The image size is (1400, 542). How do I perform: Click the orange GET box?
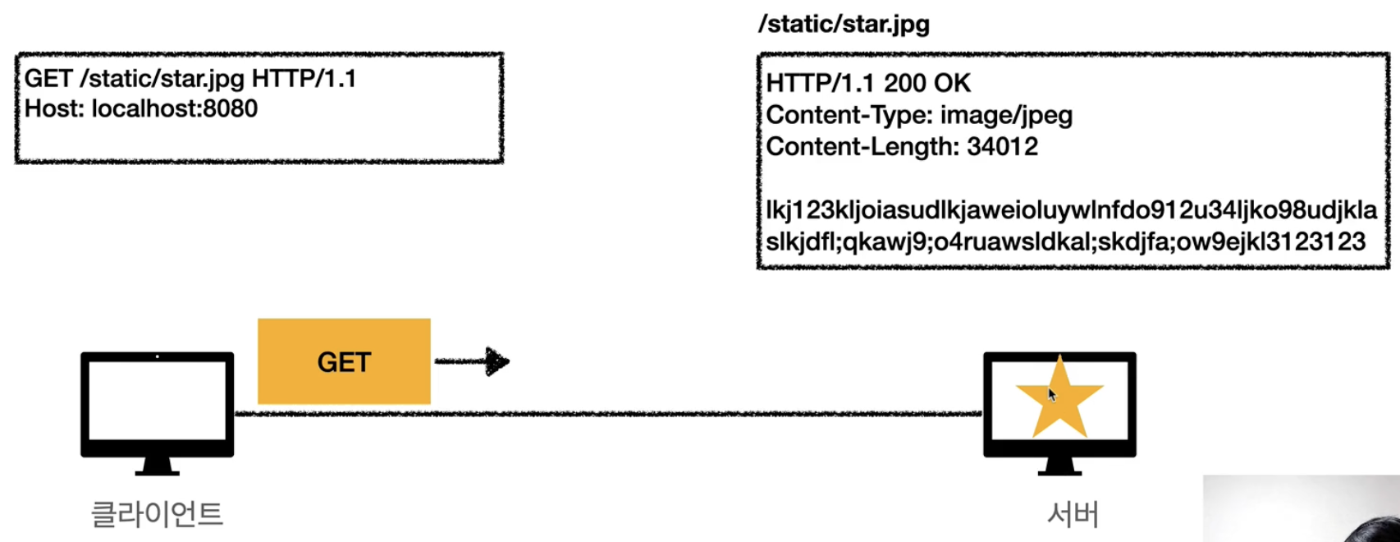coord(344,361)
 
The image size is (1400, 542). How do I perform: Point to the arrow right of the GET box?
coord(472,361)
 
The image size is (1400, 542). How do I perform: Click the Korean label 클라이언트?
coord(157,514)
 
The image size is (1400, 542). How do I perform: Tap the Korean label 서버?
coord(1073,514)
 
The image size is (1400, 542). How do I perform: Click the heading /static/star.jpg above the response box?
coord(844,24)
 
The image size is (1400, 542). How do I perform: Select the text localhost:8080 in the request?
coord(174,108)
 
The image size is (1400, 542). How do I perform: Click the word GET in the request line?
coord(48,79)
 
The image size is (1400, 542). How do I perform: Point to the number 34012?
coord(1002,146)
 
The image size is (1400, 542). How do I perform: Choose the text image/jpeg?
coord(1006,115)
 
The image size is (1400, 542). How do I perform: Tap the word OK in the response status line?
coord(952,83)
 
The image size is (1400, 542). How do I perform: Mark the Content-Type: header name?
coord(849,115)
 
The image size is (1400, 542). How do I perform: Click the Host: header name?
coord(54,108)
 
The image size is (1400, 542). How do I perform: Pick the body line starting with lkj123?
coord(1071,209)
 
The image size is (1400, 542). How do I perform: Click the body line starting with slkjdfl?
coord(1065,241)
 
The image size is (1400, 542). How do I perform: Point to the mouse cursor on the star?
coord(1052,394)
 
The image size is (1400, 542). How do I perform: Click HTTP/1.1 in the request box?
coord(304,79)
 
